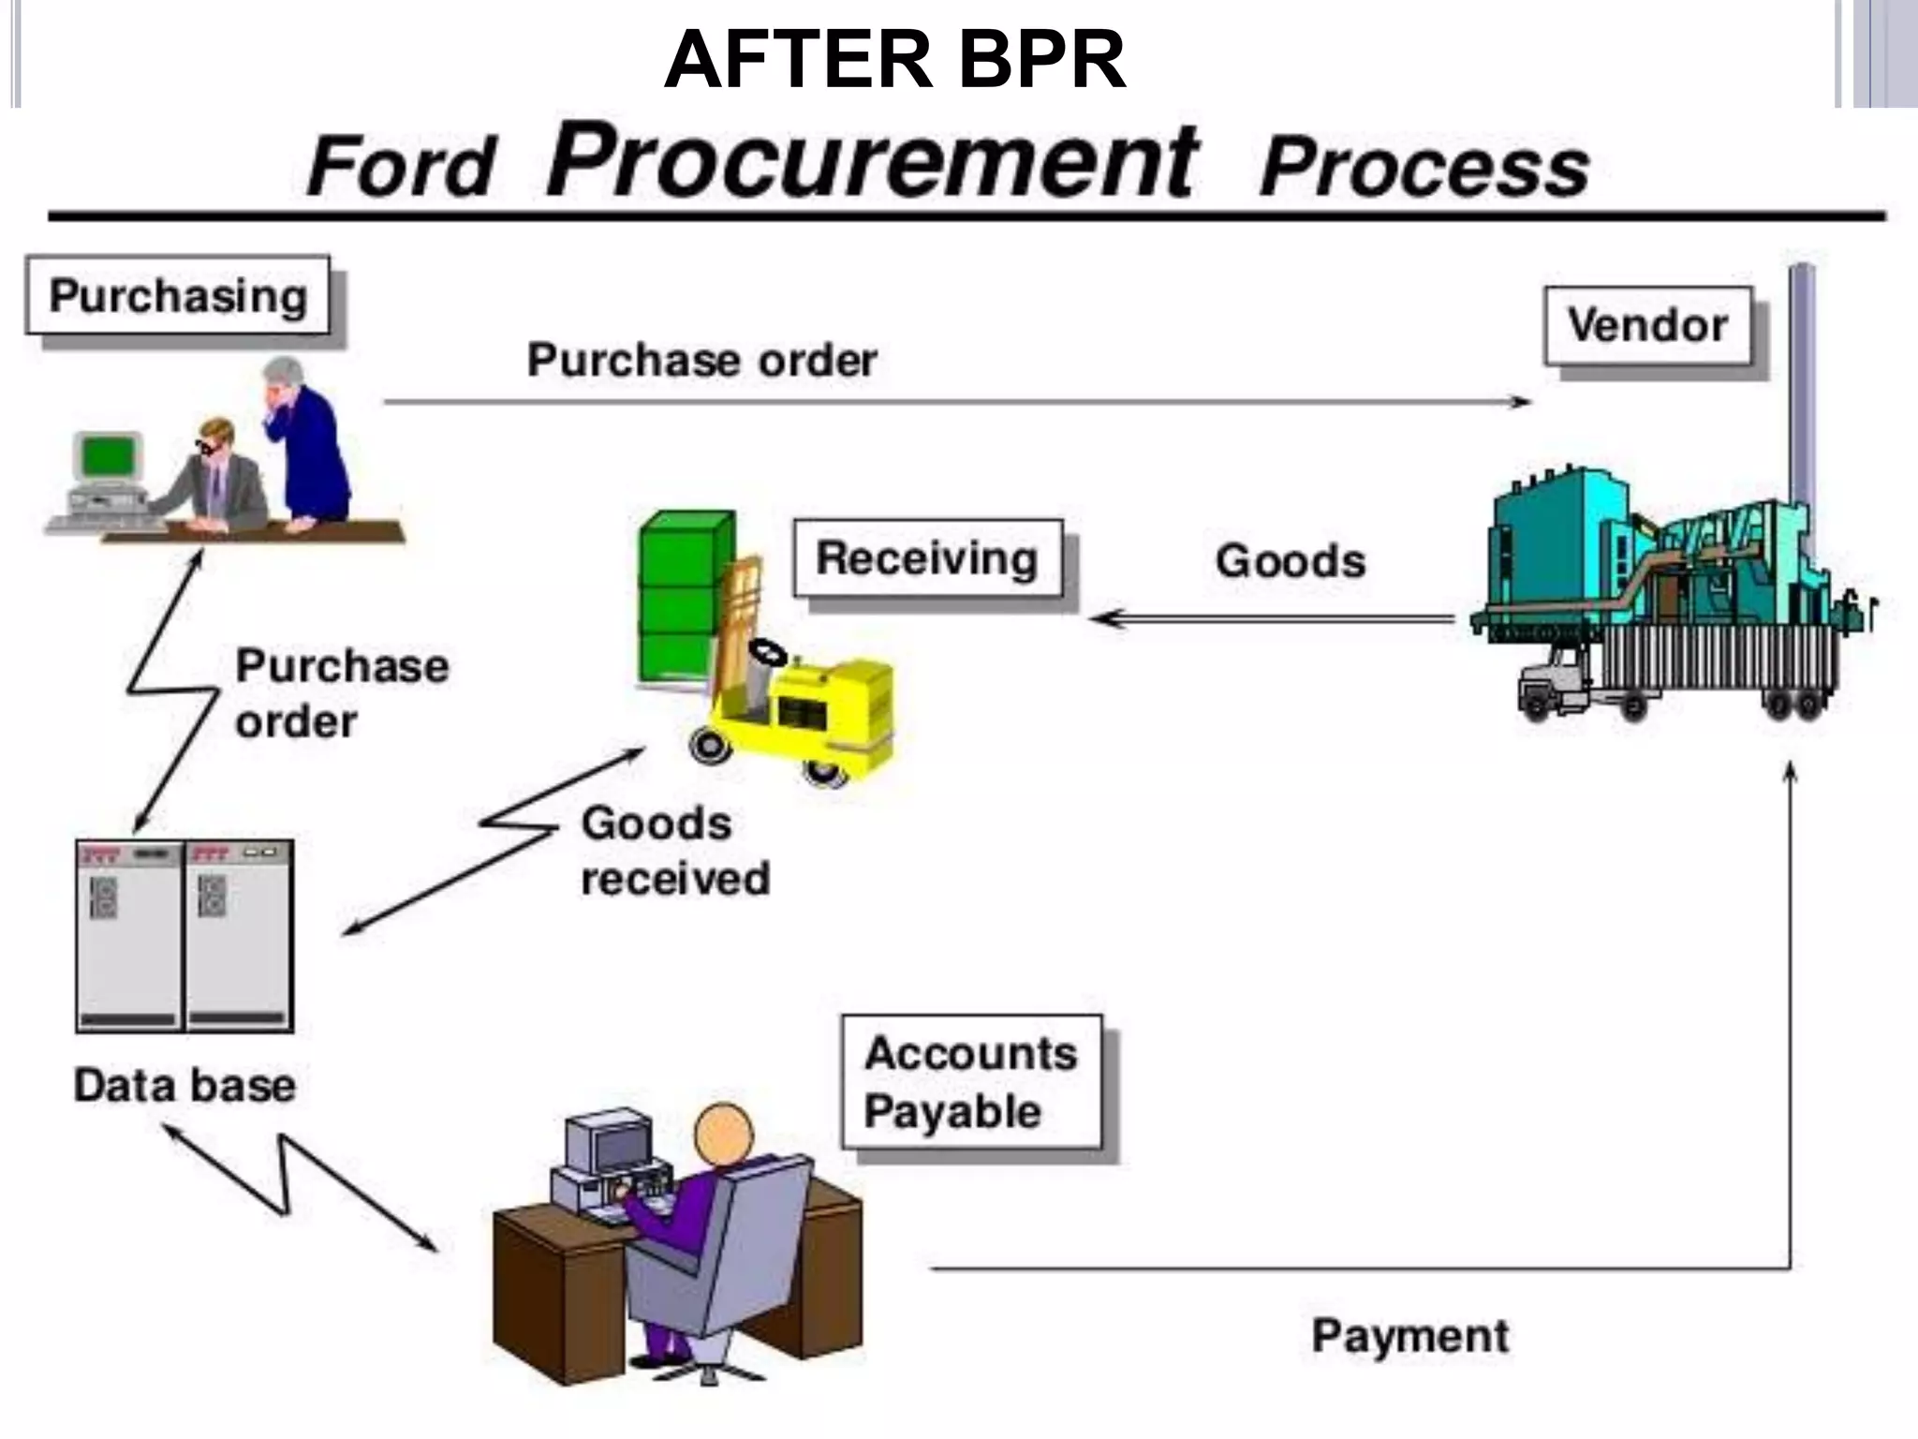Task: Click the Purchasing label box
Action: click(178, 296)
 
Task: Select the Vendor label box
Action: click(1647, 326)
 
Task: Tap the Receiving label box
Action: click(927, 558)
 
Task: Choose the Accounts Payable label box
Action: click(970, 1082)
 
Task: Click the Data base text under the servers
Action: click(184, 1086)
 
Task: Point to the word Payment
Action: click(1409, 1335)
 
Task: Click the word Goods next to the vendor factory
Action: click(1290, 561)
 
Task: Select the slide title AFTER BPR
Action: click(894, 60)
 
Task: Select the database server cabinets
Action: click(184, 936)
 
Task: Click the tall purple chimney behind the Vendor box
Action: click(1802, 393)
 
